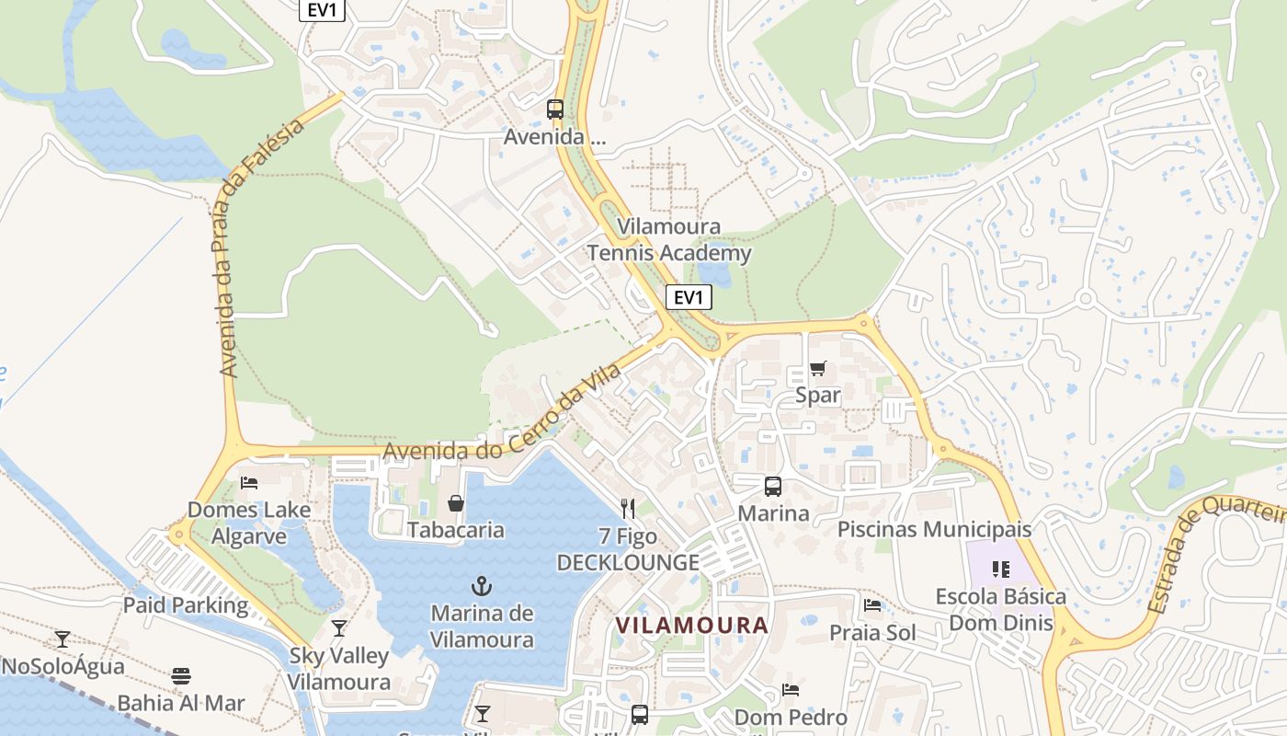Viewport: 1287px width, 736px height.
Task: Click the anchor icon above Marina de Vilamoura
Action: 481,585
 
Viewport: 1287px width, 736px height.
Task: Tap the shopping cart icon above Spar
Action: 817,369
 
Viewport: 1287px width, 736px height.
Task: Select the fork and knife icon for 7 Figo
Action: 628,508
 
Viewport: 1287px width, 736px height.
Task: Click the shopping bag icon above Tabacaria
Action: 455,503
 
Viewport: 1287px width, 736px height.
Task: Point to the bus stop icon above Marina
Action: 773,487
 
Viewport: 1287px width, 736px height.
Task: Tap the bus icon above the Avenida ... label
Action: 555,109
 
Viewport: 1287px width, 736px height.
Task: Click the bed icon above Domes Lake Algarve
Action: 249,482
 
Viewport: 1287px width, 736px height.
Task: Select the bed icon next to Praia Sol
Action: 872,605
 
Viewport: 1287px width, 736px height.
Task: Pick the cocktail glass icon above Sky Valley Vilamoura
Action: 339,628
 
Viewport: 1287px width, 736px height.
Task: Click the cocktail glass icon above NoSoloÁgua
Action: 63,638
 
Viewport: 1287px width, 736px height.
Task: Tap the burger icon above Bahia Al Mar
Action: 181,676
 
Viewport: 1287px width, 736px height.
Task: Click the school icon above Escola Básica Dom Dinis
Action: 1001,569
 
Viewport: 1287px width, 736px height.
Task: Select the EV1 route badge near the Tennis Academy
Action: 689,297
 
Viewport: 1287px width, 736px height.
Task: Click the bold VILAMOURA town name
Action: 691,626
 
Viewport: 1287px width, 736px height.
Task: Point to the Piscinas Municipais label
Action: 934,530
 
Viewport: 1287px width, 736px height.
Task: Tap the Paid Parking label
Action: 186,605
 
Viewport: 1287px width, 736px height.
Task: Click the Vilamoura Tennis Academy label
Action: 669,240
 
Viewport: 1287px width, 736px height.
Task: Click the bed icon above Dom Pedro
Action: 791,690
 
